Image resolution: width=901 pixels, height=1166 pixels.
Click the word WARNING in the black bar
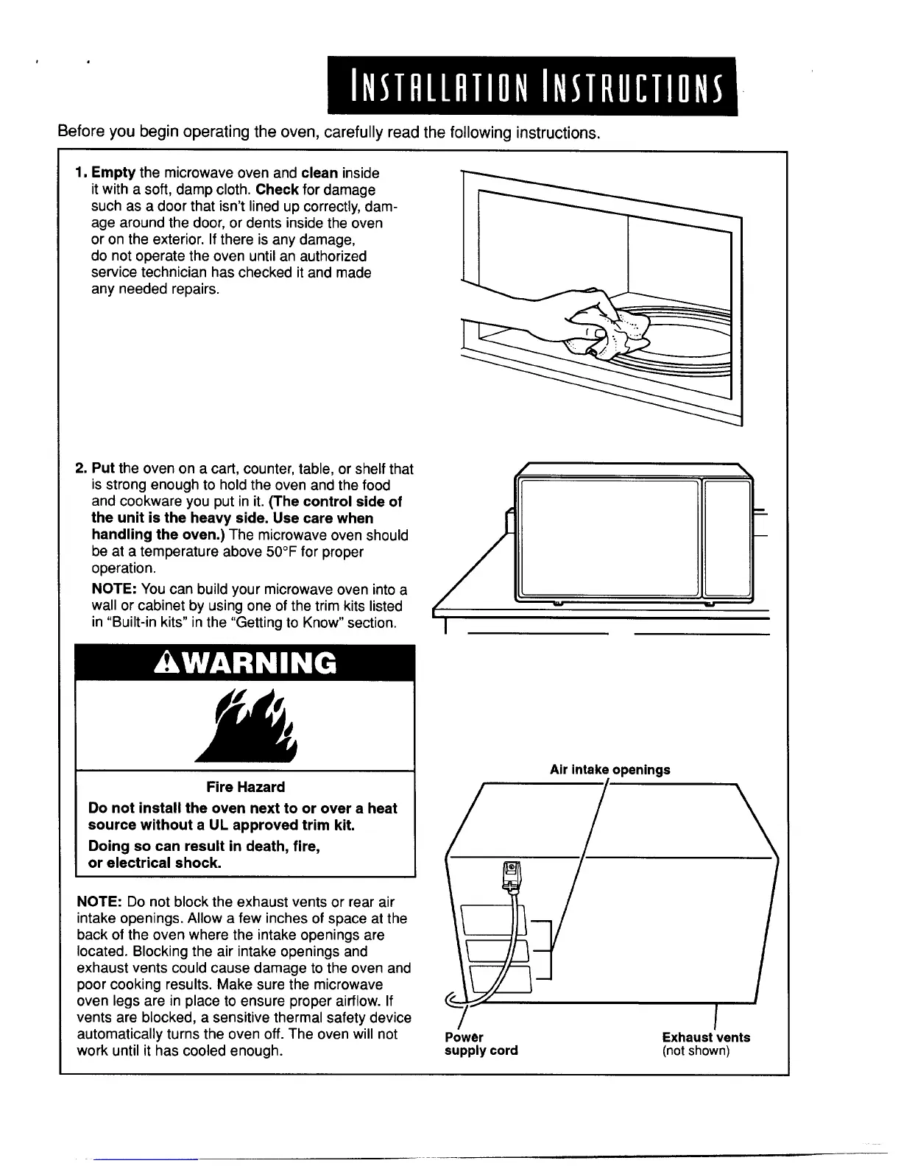tap(255, 663)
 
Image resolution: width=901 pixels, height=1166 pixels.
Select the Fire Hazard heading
tap(245, 787)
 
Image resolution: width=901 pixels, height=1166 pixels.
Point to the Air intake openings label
tap(609, 770)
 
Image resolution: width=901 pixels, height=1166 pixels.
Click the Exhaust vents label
tap(706, 1037)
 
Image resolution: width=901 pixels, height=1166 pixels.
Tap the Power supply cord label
tap(481, 1044)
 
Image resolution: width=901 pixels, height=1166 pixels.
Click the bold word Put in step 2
tap(103, 469)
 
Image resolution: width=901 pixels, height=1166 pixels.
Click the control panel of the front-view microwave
tap(727, 537)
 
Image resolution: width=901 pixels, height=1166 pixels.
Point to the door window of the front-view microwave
tap(608, 537)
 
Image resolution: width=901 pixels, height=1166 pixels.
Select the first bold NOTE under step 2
tap(114, 590)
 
